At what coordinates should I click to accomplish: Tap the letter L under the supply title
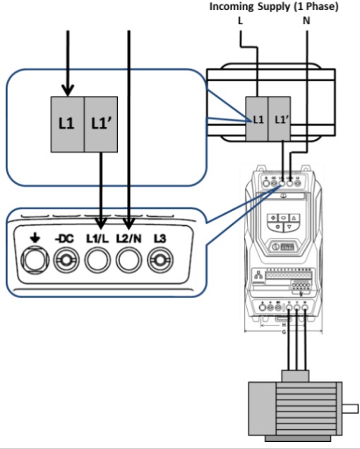[240, 21]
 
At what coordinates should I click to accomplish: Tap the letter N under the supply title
[307, 21]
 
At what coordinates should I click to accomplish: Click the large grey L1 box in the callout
[67, 123]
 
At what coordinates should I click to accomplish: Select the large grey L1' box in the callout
[102, 123]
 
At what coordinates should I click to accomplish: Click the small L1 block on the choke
[258, 119]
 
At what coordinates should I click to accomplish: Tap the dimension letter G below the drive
[284, 330]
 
